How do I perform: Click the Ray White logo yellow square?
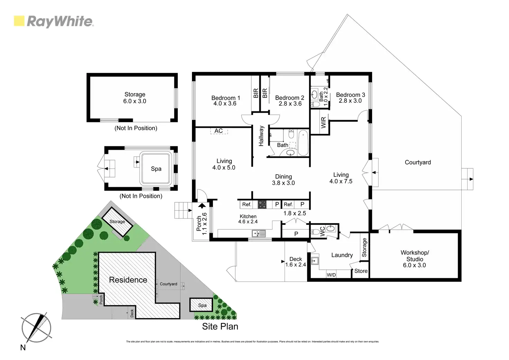(x=19, y=21)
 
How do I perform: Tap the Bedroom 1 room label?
(x=225, y=98)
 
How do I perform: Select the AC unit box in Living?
(x=219, y=131)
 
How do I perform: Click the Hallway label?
(x=261, y=136)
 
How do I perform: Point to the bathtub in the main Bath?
(x=304, y=142)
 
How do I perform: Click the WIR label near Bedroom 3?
(x=323, y=123)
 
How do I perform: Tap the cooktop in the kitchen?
(x=262, y=204)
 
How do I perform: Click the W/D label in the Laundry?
(x=331, y=275)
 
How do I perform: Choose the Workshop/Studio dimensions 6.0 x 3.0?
(x=414, y=265)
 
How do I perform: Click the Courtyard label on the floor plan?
(x=418, y=162)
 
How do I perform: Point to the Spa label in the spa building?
(x=156, y=169)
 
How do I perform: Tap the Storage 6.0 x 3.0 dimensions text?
(x=135, y=101)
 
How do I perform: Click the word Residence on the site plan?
(x=128, y=280)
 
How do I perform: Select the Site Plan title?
(x=220, y=326)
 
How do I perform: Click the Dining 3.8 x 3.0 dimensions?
(x=283, y=183)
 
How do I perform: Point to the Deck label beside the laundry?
(x=296, y=259)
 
